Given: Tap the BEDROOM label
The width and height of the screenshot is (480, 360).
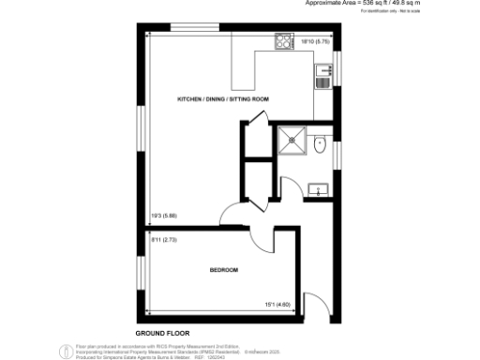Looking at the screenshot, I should pos(223,270).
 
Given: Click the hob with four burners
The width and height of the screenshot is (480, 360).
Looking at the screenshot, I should pos(282,41).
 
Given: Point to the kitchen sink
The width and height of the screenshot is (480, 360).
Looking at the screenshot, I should pos(323,74).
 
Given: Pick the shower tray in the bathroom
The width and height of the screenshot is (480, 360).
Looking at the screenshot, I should pos(294,142).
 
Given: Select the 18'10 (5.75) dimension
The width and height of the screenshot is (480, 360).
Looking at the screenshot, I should pos(313,40).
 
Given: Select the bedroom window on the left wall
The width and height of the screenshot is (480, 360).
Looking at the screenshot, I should pos(142,272).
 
